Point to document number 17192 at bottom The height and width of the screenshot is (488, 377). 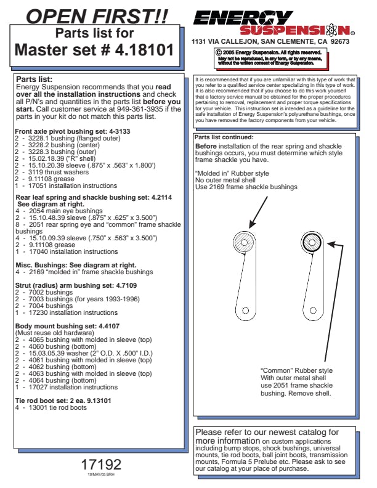point(101,463)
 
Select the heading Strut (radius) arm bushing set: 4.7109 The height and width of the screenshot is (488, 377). point(76,285)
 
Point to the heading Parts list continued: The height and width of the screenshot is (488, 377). point(224,137)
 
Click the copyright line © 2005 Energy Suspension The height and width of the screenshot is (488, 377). point(269,53)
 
